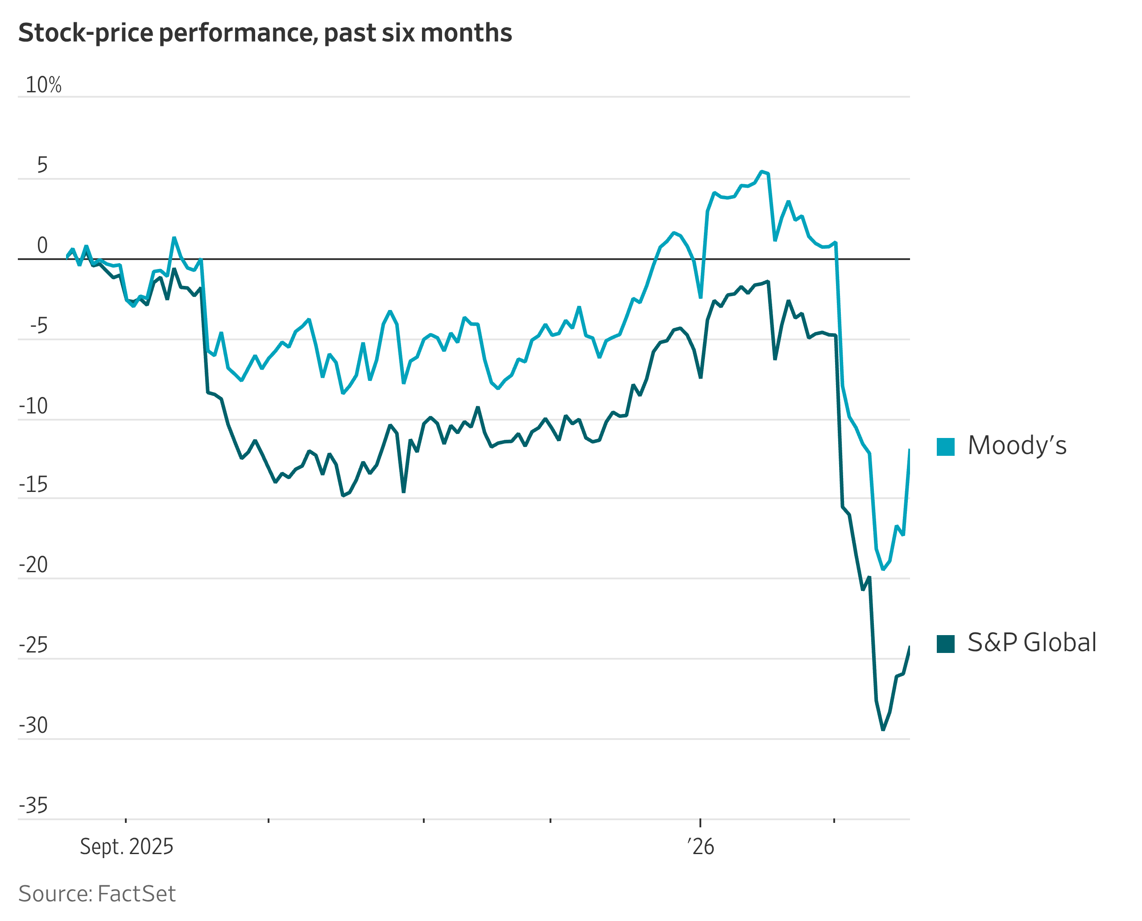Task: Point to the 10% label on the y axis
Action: pyautogui.click(x=44, y=85)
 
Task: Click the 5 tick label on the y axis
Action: pyautogui.click(x=42, y=165)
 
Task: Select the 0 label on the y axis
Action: pyautogui.click(x=42, y=246)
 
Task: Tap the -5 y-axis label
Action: pyautogui.click(x=38, y=326)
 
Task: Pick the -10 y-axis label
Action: pyautogui.click(x=33, y=406)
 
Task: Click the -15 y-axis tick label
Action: pyautogui.click(x=33, y=484)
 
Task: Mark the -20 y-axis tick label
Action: pyautogui.click(x=33, y=565)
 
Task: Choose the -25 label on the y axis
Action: pyautogui.click(x=33, y=645)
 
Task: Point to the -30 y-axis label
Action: pyautogui.click(x=33, y=725)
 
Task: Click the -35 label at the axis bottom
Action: pyautogui.click(x=33, y=805)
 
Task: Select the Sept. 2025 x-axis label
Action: pyautogui.click(x=126, y=847)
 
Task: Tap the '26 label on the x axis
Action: pyautogui.click(x=700, y=847)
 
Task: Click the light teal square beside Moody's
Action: pyautogui.click(x=946, y=447)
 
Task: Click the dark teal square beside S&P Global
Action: pyautogui.click(x=946, y=644)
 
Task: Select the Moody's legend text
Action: pyautogui.click(x=1017, y=446)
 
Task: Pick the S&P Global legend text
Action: pyautogui.click(x=1032, y=643)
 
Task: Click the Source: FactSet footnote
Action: pyautogui.click(x=97, y=894)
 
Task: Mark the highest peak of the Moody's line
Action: pyautogui.click(x=762, y=171)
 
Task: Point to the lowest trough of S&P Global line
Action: pyautogui.click(x=883, y=730)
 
